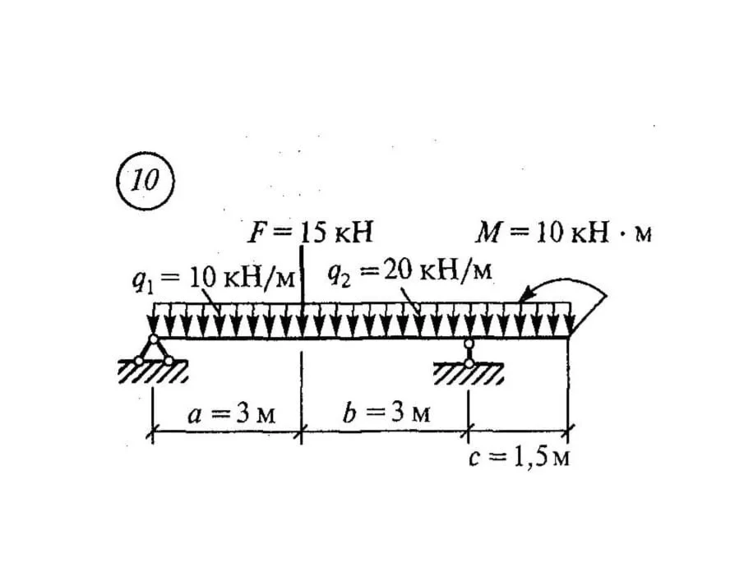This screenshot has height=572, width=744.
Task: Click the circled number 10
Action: click(146, 181)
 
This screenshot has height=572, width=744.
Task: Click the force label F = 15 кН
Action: click(310, 233)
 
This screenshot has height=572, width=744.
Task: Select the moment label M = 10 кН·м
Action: click(564, 233)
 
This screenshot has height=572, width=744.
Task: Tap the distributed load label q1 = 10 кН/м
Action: click(214, 279)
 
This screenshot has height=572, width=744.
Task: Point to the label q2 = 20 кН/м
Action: click(410, 272)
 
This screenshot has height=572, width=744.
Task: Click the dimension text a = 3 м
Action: click(232, 414)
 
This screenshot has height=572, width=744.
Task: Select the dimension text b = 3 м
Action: click(386, 413)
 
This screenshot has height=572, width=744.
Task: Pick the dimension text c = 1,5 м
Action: click(519, 458)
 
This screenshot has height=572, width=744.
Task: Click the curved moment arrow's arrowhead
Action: click(526, 294)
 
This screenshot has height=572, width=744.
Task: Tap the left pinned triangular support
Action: click(153, 351)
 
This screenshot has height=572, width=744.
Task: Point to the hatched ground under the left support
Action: click(153, 371)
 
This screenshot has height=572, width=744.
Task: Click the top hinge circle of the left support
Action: click(153, 339)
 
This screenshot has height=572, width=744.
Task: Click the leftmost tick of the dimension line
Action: click(152, 432)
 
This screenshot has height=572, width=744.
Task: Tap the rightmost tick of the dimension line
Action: click(568, 431)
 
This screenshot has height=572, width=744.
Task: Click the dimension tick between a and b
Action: click(302, 432)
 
